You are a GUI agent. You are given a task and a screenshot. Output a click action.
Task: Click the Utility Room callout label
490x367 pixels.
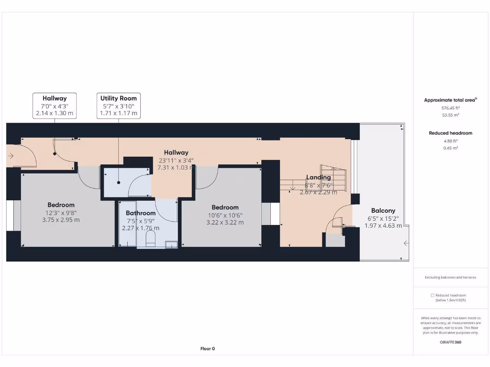pos(118,98)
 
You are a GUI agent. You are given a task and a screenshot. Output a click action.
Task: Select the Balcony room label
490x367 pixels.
pos(383,211)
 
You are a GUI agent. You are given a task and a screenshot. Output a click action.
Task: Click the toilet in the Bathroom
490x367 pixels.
pos(152,239)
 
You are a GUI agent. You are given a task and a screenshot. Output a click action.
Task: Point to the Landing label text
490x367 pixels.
pos(318,177)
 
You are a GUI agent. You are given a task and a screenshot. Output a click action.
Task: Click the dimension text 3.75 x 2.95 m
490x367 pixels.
pos(61,220)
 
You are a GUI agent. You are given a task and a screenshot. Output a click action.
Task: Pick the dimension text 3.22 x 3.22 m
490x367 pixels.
pos(225,222)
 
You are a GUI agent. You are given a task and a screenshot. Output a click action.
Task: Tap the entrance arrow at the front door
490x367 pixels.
pos(11,155)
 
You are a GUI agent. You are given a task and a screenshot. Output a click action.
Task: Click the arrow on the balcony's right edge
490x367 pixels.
pos(406,243)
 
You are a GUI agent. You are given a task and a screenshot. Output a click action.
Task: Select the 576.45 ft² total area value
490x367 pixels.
pos(450,108)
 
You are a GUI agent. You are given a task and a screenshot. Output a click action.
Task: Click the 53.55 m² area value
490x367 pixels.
pos(450,115)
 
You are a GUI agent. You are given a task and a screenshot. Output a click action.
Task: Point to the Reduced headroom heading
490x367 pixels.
pos(450,133)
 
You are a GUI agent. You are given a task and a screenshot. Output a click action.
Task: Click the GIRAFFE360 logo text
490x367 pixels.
pos(450,342)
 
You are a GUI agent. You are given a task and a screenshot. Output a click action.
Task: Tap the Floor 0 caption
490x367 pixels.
pos(207,349)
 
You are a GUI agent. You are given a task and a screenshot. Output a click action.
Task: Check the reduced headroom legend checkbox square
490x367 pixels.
pos(433,295)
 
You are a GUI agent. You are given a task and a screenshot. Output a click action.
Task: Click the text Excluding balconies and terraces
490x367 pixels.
pos(450,278)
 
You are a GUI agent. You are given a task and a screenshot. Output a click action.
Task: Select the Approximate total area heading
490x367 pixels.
pos(450,100)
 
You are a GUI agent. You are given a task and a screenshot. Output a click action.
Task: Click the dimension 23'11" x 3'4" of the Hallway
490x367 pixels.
pos(177,161)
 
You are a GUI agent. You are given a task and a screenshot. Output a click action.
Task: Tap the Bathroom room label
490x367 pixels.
pos(141,213)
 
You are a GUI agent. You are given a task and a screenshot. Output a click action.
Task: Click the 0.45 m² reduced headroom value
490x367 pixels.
pos(450,148)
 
